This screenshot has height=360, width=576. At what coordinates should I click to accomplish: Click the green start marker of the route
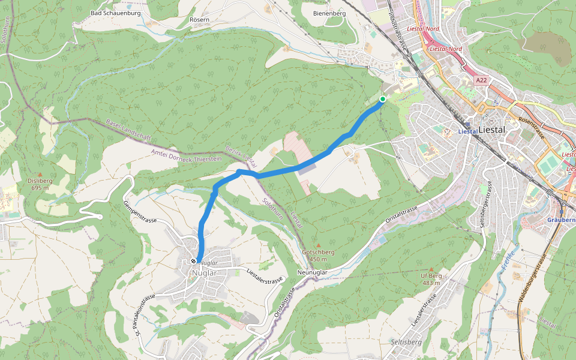(x=382, y=99)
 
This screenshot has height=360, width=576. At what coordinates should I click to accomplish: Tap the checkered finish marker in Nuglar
(x=193, y=261)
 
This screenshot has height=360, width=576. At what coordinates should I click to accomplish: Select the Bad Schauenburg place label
(x=115, y=13)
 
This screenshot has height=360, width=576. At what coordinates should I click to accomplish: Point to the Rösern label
(x=199, y=19)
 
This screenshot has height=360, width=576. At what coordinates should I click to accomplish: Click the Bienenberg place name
(x=329, y=13)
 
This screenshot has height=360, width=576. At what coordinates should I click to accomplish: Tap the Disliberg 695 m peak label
(x=41, y=184)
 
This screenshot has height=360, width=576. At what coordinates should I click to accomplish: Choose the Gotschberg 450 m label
(x=318, y=256)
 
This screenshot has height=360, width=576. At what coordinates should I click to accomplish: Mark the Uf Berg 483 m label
(x=431, y=278)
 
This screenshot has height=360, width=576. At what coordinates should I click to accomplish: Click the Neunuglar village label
(x=312, y=272)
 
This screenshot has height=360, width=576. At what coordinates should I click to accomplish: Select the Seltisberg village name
(x=406, y=341)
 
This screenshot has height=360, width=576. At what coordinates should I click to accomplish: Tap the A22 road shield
(x=481, y=80)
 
